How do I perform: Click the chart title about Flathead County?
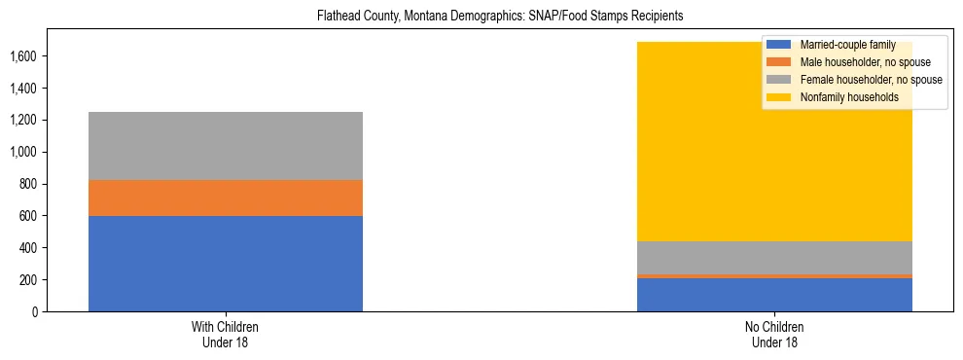click(481, 16)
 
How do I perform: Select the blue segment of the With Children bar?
click(226, 263)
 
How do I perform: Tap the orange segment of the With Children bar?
click(226, 198)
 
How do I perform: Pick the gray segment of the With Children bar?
click(226, 146)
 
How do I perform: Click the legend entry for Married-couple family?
click(845, 45)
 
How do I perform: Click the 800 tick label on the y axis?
click(29, 184)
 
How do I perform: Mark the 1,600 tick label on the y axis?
click(24, 56)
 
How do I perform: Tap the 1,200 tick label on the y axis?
click(24, 121)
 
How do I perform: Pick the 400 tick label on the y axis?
click(29, 248)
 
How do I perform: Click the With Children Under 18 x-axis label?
click(226, 335)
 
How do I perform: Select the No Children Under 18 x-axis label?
click(774, 335)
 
